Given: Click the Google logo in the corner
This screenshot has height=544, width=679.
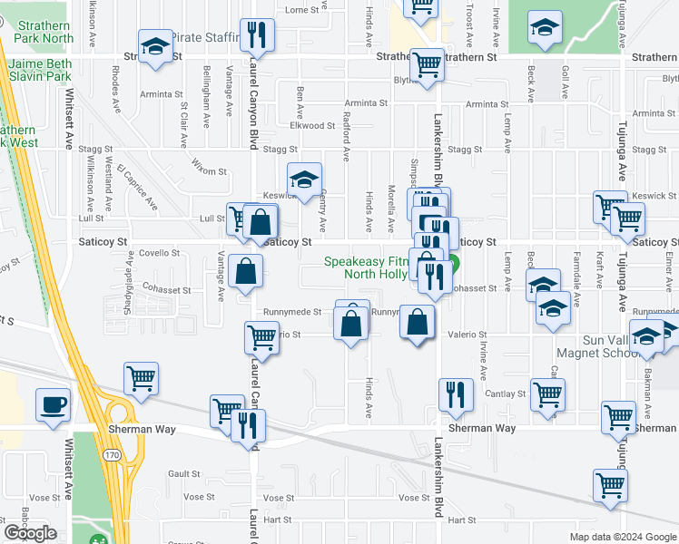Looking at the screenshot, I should (x=30, y=533).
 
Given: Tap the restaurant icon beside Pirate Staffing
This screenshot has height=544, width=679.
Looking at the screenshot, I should (x=257, y=35).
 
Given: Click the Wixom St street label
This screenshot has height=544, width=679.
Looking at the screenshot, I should (x=210, y=165).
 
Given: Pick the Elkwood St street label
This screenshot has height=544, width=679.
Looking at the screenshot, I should (x=306, y=126).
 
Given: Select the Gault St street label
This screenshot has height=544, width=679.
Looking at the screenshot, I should (x=183, y=473).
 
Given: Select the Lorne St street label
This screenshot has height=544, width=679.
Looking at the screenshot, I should (x=303, y=10).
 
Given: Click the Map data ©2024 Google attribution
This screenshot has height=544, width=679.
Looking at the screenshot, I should (x=622, y=537).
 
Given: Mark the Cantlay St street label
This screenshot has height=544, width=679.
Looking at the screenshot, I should (x=508, y=393).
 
